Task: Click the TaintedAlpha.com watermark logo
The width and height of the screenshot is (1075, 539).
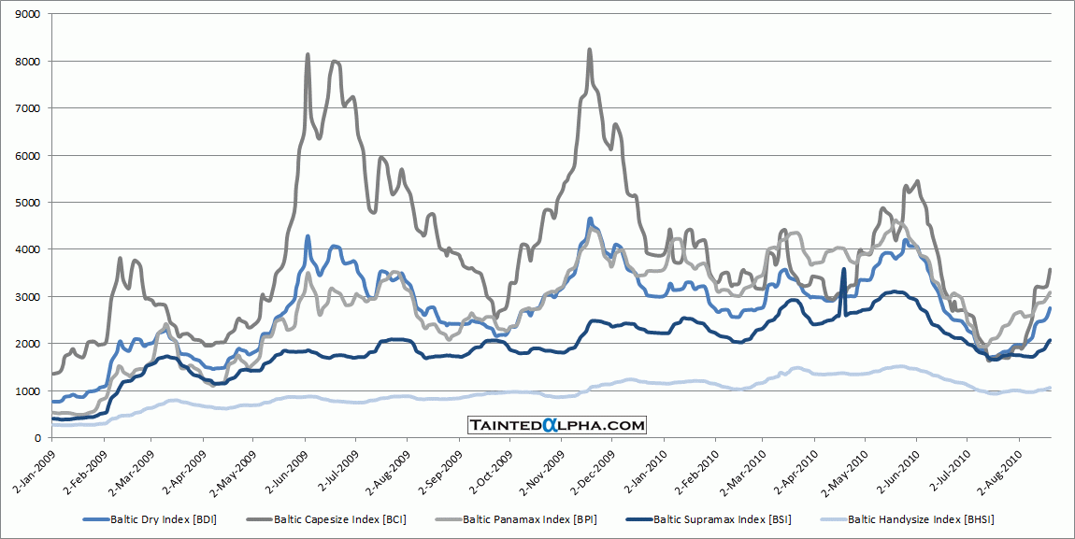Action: (557, 425)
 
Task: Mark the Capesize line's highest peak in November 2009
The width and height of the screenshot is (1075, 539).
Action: (589, 50)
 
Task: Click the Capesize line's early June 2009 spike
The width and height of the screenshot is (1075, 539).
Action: (308, 55)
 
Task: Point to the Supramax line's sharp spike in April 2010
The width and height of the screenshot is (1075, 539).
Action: (844, 270)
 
